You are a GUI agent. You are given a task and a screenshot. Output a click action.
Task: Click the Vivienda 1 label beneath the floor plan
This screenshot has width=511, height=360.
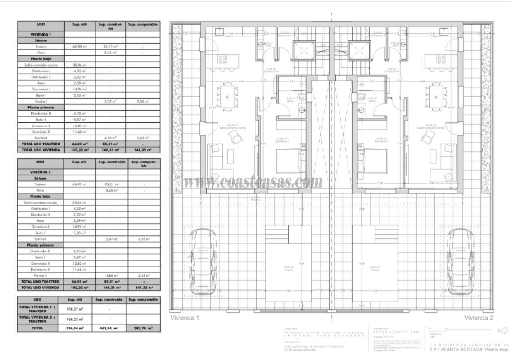[185, 318]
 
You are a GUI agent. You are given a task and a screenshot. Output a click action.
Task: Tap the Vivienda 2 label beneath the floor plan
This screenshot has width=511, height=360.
[479, 318]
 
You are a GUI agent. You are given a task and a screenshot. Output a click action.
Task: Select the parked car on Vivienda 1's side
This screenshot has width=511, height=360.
[201, 261]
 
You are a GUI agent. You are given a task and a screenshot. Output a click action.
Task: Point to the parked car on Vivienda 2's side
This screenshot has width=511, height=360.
[463, 261]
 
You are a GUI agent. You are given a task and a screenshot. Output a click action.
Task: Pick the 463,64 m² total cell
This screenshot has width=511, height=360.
[109, 328]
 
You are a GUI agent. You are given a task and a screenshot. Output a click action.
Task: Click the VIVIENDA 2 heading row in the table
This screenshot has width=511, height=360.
[41, 172]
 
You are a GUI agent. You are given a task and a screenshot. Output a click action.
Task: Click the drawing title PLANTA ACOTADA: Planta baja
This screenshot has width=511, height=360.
[469, 349]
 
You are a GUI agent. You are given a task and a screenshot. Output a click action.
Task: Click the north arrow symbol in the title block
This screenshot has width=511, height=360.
[502, 331]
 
